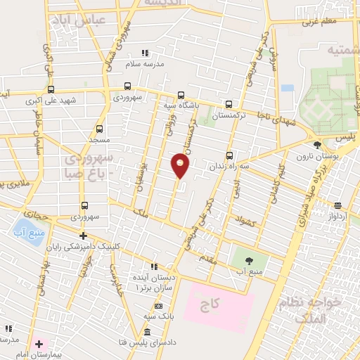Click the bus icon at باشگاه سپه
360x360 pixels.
pos(181,96)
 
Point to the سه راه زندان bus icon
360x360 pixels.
pos(229,155)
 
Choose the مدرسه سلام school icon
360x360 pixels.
pos(145,52)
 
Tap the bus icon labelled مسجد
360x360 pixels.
pos(98,129)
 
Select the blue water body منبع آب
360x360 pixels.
pos(27,231)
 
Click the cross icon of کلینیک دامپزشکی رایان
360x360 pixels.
pos(83,236)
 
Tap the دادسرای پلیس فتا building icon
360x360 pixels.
pos(146,332)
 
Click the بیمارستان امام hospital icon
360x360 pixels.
pos(39,344)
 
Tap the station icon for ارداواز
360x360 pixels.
pos(339,205)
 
